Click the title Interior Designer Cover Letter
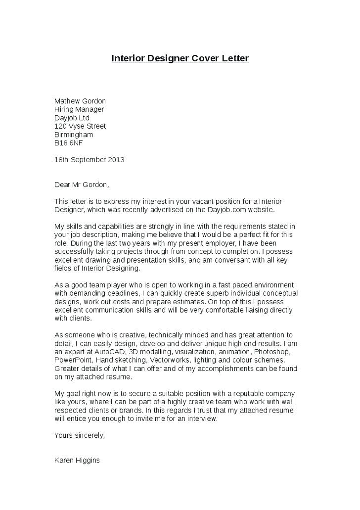(180, 58)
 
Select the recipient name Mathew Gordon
(80, 101)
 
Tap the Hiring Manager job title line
(79, 109)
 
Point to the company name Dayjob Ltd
(72, 118)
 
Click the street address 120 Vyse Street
(80, 126)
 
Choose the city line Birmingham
(73, 135)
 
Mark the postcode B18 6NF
(68, 143)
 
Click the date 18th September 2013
(89, 160)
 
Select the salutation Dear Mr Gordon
(81, 185)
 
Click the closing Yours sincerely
(80, 435)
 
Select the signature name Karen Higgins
(77, 460)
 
